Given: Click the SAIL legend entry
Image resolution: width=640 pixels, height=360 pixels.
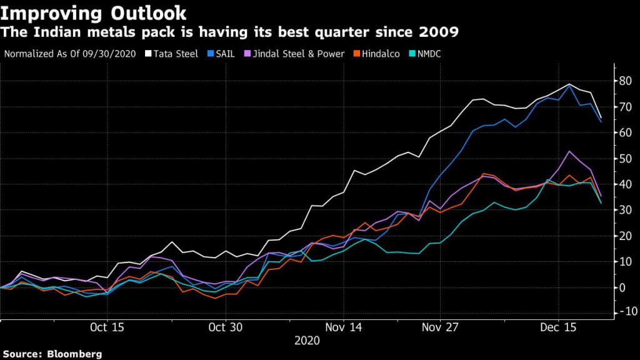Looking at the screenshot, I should pos(225,54).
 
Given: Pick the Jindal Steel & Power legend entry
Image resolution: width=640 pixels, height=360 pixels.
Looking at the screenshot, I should pos(294,54).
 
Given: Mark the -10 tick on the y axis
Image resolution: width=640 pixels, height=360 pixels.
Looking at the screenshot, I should pos(625,312).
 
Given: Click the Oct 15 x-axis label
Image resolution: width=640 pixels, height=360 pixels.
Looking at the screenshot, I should pos(107,327).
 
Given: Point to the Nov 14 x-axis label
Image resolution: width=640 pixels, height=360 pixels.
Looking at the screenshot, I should pos(343,327).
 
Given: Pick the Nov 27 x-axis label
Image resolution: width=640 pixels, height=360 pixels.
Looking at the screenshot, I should pos(441,327).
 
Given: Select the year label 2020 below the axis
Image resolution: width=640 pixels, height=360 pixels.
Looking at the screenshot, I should pos(307,341).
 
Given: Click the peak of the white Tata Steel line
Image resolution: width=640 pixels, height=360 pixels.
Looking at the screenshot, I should pos(569,84).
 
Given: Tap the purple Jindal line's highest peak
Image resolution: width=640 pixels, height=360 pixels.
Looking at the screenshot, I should pos(569,151).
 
